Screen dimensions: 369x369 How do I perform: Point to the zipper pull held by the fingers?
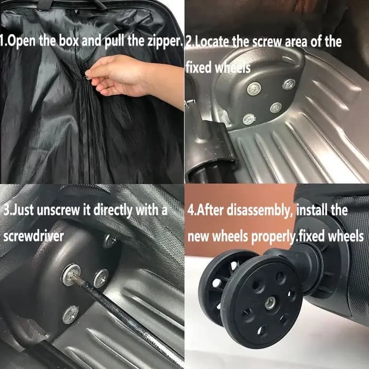[x=88, y=77]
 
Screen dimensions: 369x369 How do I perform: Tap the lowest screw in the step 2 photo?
[x=249, y=119]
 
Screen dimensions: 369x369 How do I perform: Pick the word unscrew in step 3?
[x=59, y=210]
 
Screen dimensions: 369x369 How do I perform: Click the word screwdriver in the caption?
[x=33, y=236]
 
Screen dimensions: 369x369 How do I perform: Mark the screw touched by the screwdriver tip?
[x=71, y=275]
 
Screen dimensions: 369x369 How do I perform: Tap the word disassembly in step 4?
[x=257, y=210]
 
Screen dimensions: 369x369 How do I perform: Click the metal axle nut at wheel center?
[x=270, y=303]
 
